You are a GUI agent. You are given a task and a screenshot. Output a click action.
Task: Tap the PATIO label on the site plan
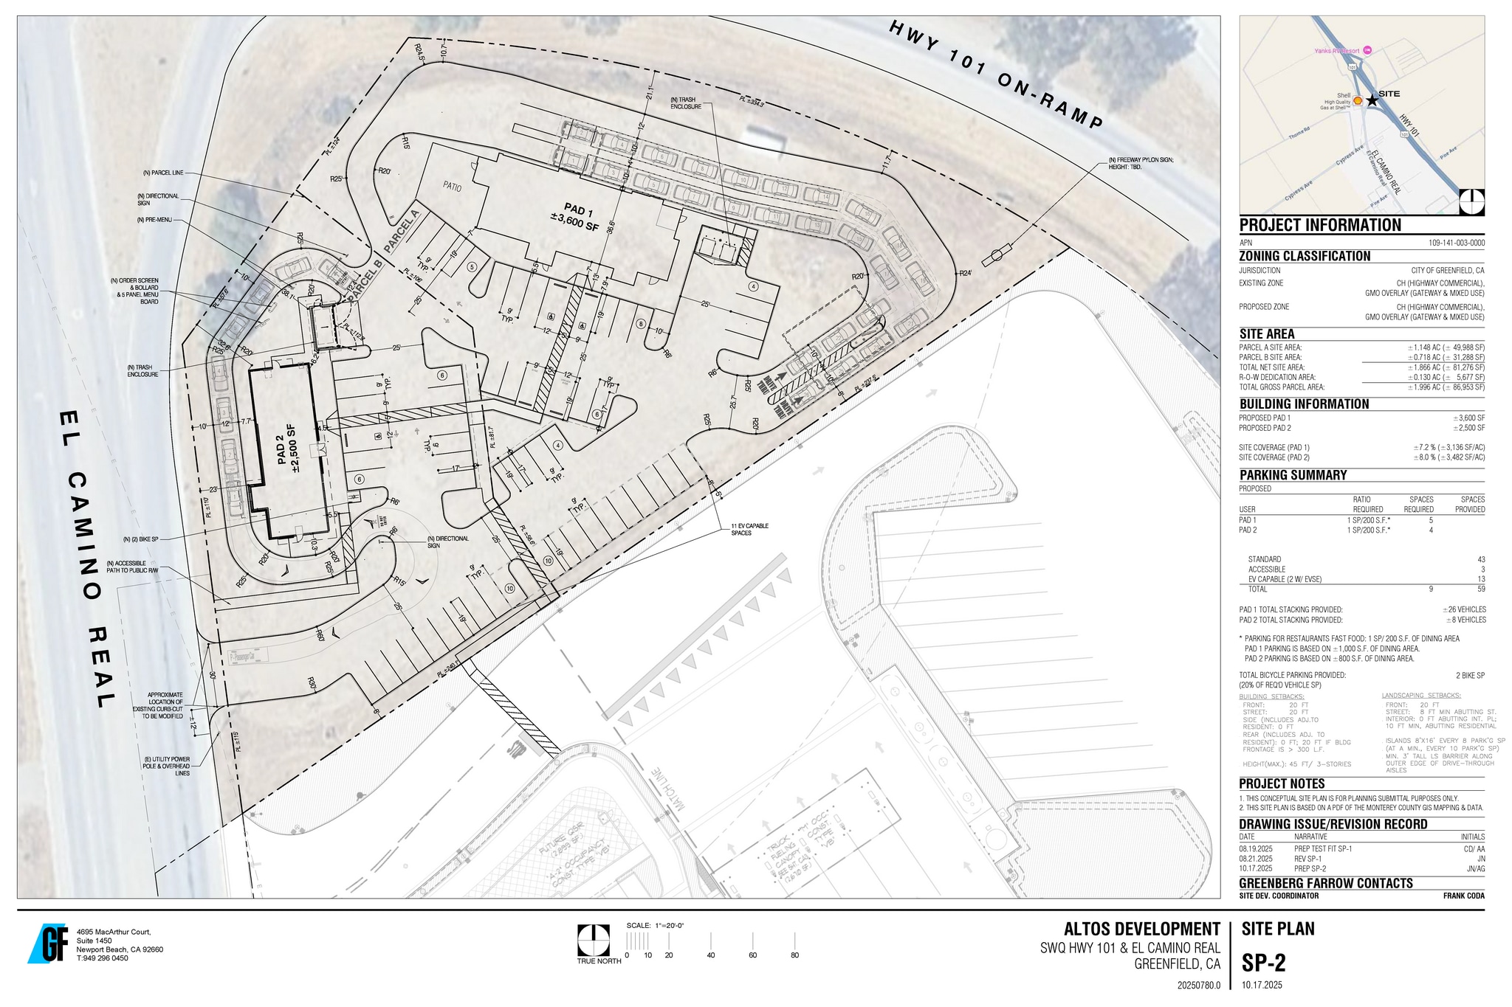click(452, 187)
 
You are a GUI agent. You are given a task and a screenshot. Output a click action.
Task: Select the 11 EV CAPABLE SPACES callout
click(749, 529)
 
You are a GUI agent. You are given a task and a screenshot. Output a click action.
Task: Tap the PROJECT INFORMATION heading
click(1320, 226)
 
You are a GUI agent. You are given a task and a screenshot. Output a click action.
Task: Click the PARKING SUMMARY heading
click(1293, 475)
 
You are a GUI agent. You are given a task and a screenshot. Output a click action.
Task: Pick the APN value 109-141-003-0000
click(1456, 243)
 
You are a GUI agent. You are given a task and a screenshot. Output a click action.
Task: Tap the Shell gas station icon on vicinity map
click(1357, 100)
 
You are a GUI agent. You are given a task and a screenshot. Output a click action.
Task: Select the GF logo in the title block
click(49, 943)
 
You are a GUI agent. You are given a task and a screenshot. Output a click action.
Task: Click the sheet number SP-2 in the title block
click(1263, 963)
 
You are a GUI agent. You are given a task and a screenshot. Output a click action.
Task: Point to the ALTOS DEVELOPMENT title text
click(1141, 929)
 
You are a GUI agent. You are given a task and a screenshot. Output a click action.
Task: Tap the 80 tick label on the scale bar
click(794, 955)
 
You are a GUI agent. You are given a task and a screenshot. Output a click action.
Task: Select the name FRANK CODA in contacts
click(1463, 896)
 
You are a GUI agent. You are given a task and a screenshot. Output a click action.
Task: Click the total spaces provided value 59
click(1480, 589)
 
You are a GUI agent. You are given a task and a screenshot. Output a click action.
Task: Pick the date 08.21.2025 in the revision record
click(1256, 859)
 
